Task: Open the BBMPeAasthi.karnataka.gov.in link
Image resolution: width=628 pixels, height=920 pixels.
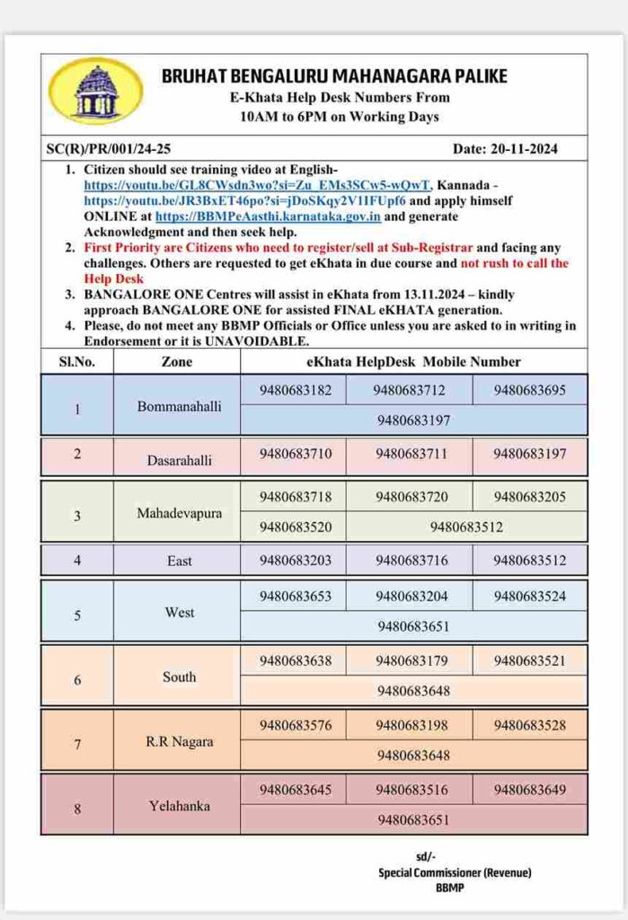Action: [268, 217]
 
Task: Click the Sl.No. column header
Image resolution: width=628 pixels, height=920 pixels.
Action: [77, 362]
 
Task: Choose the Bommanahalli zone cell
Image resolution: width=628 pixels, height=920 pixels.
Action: [179, 406]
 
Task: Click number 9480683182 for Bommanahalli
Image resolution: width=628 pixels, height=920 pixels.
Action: [295, 391]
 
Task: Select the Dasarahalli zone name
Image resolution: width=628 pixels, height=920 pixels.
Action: [180, 460]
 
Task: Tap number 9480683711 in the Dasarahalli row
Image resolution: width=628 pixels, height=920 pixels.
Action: [411, 454]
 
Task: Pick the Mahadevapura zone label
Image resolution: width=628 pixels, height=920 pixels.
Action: [179, 514]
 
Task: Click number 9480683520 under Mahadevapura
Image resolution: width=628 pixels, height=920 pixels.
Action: [295, 527]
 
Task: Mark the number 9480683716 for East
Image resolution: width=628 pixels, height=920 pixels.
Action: [411, 561]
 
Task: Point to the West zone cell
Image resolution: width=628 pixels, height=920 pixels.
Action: [179, 613]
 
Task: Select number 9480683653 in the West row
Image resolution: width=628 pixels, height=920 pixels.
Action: [295, 596]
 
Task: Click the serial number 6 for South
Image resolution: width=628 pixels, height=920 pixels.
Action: [77, 679]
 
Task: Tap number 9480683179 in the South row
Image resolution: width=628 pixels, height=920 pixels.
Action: [411, 661]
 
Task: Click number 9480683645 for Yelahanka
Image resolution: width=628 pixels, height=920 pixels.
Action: [295, 791]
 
